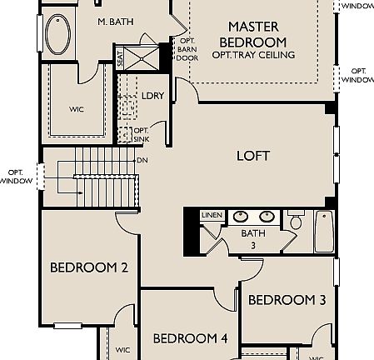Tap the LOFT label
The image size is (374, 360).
pos(253,156)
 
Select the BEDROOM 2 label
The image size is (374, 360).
pos(88,267)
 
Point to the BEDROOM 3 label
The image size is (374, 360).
pos(287,300)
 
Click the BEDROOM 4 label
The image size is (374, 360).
pos(190,338)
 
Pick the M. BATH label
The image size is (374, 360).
pos(116,21)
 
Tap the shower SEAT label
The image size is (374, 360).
pos(120,60)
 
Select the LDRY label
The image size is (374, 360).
pos(152,96)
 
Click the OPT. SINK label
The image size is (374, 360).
pos(141,134)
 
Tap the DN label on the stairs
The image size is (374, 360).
pos(142,159)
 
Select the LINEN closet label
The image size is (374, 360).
pos(212,215)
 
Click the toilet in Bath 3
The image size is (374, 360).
pos(296,221)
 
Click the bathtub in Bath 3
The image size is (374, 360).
pos(323,231)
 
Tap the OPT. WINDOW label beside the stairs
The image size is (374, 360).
pos(16,177)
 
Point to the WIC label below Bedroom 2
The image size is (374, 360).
pos(122,350)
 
